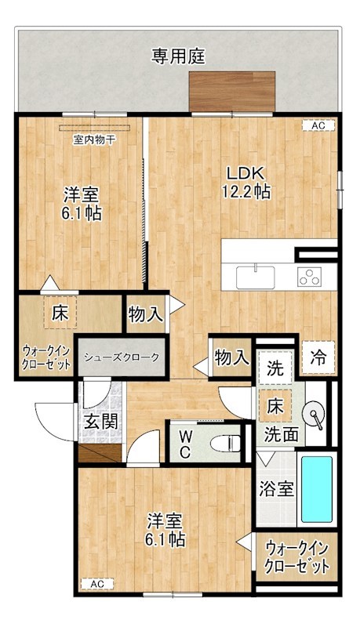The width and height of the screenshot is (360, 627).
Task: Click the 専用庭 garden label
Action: click(x=179, y=56)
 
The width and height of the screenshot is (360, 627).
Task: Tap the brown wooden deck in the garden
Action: click(x=232, y=92)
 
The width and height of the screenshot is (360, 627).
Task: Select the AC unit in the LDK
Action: click(x=318, y=125)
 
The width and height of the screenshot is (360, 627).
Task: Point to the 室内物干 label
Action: click(x=95, y=140)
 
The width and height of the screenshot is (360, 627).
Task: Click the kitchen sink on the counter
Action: click(x=255, y=277)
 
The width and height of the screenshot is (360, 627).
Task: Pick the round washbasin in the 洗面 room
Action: click(x=315, y=415)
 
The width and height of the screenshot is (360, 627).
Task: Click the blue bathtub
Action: click(x=317, y=490)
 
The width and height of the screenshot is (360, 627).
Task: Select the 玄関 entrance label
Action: click(x=102, y=421)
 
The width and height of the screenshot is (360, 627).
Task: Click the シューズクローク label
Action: click(x=122, y=357)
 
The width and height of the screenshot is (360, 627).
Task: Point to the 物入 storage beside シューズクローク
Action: click(x=146, y=315)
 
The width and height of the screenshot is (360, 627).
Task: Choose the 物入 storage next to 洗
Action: click(x=231, y=358)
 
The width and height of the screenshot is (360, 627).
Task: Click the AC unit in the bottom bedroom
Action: click(x=96, y=584)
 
